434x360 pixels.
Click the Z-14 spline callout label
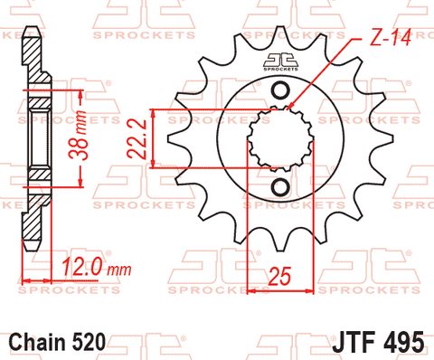(x=391, y=37)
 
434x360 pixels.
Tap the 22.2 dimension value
(x=137, y=139)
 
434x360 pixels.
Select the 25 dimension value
(x=279, y=276)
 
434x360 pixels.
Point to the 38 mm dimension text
(x=78, y=135)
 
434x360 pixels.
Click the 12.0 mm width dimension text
(x=97, y=267)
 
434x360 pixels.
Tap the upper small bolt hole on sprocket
(x=280, y=90)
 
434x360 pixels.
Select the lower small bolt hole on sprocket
(x=280, y=187)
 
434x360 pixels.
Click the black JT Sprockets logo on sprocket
(x=280, y=62)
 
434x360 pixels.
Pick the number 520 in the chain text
(x=89, y=342)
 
